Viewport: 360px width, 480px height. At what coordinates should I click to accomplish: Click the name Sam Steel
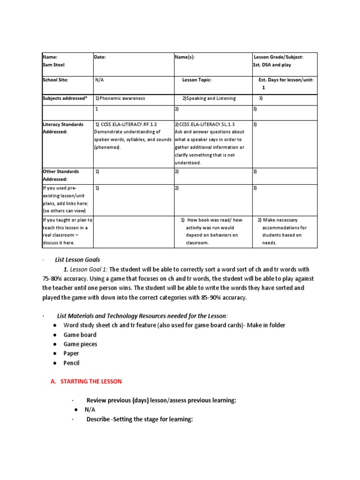(x=53, y=65)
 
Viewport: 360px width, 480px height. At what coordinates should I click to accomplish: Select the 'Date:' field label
(x=100, y=57)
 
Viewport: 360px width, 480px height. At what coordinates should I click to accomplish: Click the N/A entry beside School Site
(x=99, y=80)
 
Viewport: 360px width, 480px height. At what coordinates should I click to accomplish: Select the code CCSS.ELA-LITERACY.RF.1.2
(x=126, y=125)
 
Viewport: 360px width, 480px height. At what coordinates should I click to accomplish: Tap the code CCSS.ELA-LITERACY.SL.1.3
(x=204, y=125)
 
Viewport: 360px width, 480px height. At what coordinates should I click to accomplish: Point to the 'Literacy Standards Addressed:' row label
(x=63, y=128)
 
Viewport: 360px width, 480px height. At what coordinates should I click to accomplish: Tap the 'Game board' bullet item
(x=80, y=335)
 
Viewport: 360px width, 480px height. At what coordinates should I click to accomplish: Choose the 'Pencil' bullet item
(x=72, y=363)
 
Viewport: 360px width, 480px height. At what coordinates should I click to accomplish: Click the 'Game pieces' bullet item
(x=81, y=344)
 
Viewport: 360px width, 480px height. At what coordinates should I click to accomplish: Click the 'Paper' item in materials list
(x=71, y=353)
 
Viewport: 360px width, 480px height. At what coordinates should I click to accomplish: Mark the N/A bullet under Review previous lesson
(x=90, y=410)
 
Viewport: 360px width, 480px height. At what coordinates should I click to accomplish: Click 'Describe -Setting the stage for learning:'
(x=140, y=419)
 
